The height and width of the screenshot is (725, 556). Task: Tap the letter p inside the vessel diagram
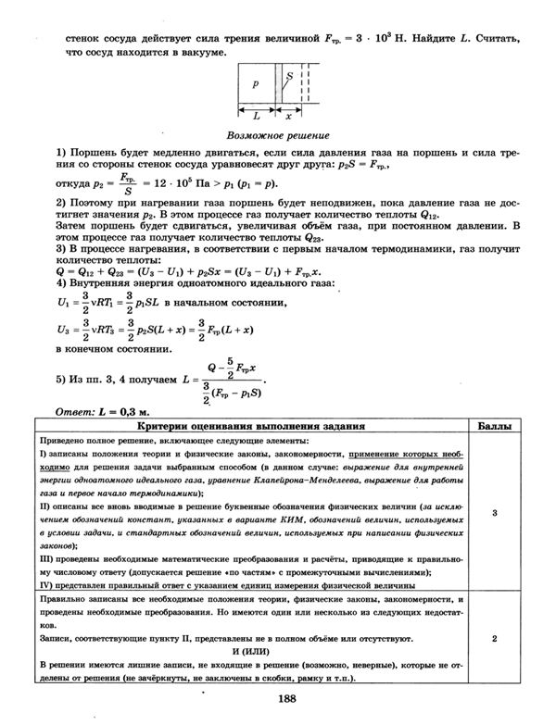(x=255, y=82)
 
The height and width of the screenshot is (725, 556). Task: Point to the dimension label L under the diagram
(x=256, y=118)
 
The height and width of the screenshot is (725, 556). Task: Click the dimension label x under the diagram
(x=288, y=118)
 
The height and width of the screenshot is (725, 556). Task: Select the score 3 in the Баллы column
(x=495, y=512)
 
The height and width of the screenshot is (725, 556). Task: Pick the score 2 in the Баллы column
(x=495, y=639)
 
